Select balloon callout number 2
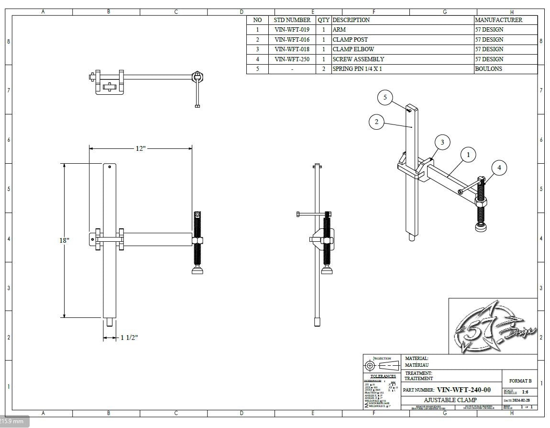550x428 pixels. (376, 122)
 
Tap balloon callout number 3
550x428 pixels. (442, 142)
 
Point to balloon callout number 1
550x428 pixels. (468, 155)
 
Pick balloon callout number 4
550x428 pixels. (499, 168)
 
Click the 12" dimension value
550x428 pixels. (140, 148)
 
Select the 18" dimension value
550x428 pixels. (65, 240)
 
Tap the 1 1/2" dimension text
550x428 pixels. (129, 338)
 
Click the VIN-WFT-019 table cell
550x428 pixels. (292, 30)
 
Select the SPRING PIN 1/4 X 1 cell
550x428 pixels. (357, 69)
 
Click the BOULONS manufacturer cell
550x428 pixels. (488, 69)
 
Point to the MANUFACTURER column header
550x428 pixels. (498, 20)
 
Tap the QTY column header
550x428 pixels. (323, 20)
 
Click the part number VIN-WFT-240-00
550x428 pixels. (463, 390)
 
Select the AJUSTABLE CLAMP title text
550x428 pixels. (450, 400)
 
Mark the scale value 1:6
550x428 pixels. (525, 392)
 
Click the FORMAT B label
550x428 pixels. (520, 381)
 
